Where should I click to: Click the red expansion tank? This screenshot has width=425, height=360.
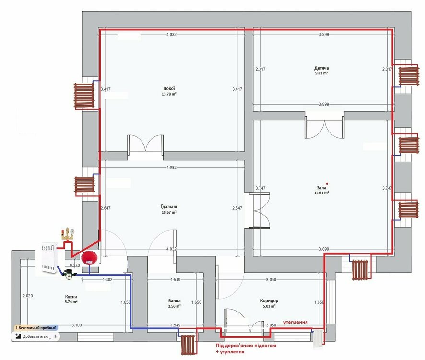89,258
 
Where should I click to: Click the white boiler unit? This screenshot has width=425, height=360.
49,257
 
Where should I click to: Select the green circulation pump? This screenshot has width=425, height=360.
69,275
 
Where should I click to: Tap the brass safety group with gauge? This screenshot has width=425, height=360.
68,235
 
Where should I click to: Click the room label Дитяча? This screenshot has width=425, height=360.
321,68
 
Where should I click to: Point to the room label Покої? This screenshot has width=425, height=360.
169,88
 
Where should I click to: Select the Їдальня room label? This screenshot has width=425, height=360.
169,207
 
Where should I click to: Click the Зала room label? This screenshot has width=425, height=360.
321,188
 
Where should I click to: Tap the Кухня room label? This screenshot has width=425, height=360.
71,297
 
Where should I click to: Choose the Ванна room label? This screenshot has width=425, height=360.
174,300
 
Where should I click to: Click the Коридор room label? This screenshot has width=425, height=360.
269,300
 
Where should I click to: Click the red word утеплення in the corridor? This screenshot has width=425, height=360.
295,322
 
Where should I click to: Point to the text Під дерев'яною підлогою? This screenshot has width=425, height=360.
246,345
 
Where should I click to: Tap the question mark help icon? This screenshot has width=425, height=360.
55,336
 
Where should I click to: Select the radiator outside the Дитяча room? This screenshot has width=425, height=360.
409,75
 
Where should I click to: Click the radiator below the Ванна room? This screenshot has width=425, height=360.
188,345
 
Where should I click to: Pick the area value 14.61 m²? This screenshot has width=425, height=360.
321,193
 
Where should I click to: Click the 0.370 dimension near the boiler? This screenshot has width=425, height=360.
75,265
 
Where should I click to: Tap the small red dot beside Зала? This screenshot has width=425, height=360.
327,184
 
